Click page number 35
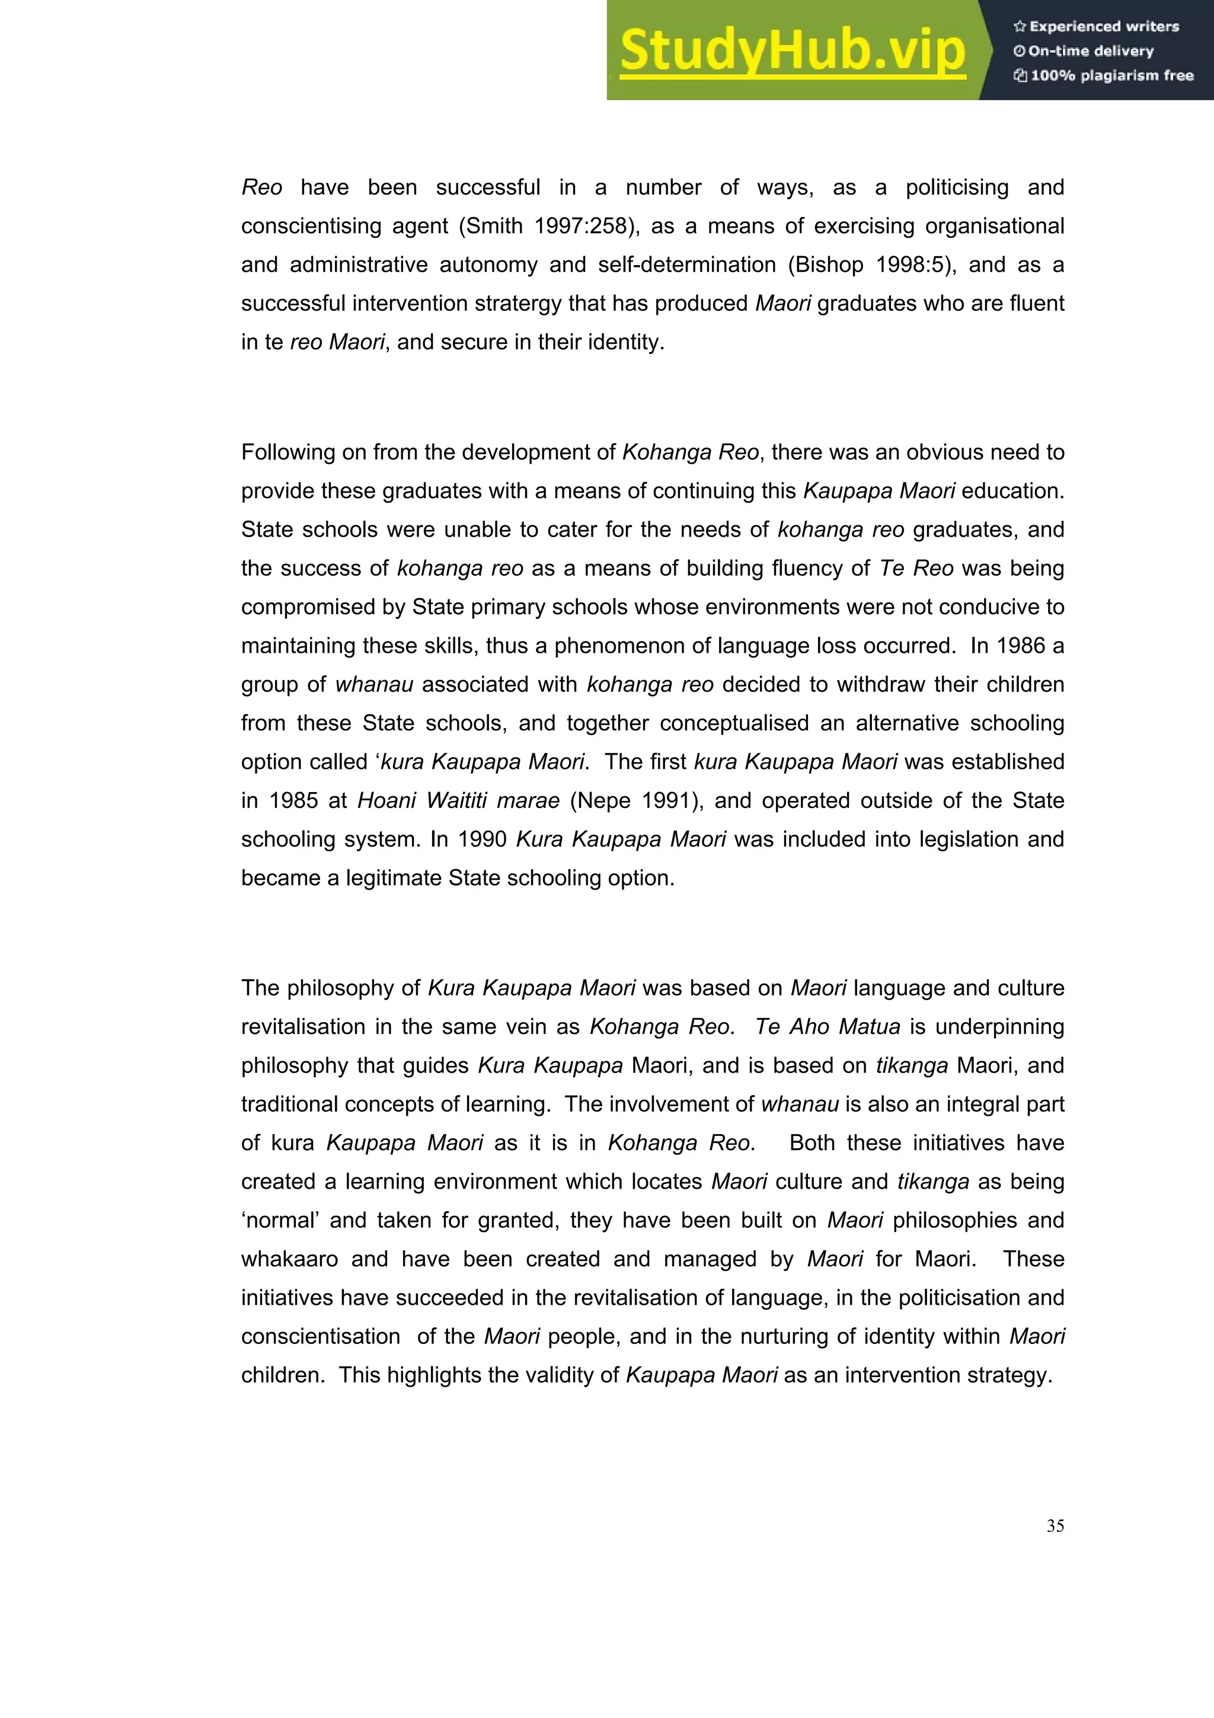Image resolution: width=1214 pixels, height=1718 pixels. tap(1055, 1526)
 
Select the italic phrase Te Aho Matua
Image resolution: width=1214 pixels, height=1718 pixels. tap(828, 1027)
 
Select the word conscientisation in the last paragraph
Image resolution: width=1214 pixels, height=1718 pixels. tap(320, 1336)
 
